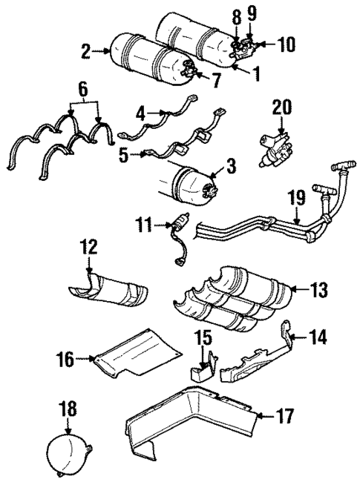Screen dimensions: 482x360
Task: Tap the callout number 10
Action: coord(285,45)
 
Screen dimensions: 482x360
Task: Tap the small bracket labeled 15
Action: coord(202,367)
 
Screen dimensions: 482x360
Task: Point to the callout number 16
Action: coord(65,360)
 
